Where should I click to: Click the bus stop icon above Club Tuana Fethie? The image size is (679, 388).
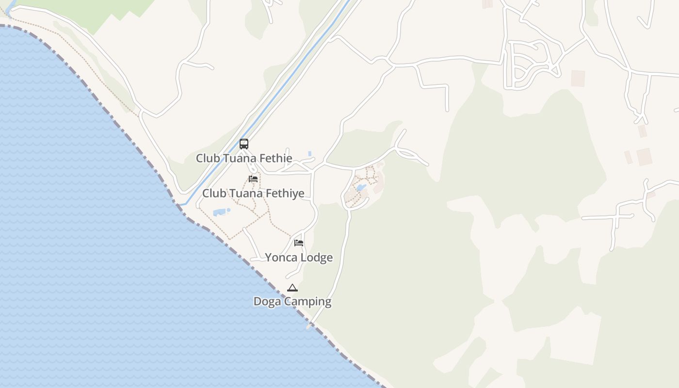pos(244,144)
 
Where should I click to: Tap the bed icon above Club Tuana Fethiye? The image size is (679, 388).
pos(253,179)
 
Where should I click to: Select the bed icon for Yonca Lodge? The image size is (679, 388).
pos(299,242)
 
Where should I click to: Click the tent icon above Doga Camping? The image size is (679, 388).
pos(292,288)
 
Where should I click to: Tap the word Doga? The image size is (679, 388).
pos(265,302)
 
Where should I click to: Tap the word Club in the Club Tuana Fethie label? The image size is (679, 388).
pos(207,158)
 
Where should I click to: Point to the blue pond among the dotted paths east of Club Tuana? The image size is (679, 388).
pos(361,188)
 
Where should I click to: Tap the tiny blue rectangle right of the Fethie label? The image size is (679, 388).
pos(310,153)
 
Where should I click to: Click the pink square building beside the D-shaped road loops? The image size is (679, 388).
pos(578,79)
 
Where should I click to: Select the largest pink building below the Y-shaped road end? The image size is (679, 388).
pos(645,157)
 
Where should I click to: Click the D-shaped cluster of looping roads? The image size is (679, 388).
pos(529,65)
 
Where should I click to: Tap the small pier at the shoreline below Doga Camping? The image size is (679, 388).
pos(309,326)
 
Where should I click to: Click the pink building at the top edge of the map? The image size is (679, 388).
pos(487,4)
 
